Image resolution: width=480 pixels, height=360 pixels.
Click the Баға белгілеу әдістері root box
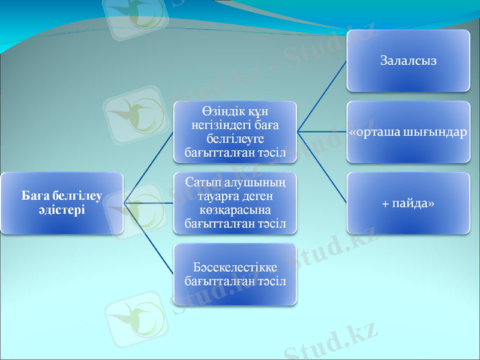pyautogui.click(x=62, y=203)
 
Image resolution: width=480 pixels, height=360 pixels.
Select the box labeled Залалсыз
pyautogui.click(x=408, y=61)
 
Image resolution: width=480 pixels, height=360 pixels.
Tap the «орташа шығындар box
pyautogui.click(x=408, y=132)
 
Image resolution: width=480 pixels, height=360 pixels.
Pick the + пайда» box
pyautogui.click(x=408, y=203)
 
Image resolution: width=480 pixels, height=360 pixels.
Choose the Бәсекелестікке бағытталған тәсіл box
pyautogui.click(x=235, y=274)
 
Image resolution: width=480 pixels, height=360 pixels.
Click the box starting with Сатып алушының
pyautogui.click(x=235, y=203)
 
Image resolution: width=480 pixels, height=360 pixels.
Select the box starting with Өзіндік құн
pyautogui.click(x=235, y=132)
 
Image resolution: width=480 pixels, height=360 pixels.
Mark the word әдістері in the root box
pyautogui.click(x=61, y=210)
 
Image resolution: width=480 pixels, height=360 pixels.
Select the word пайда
pyautogui.click(x=413, y=203)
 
